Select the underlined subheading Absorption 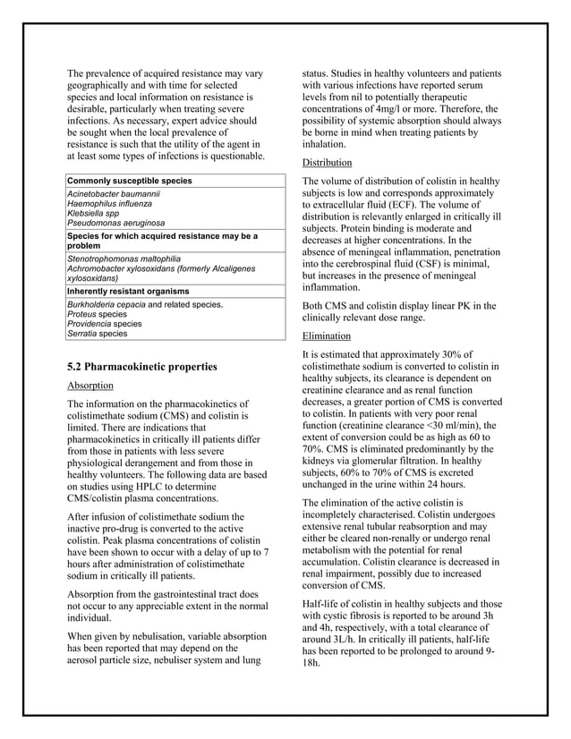[90, 386]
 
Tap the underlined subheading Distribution [327, 163]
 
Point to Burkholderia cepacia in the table [103, 305]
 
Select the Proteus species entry [98, 314]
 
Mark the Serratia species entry [98, 334]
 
